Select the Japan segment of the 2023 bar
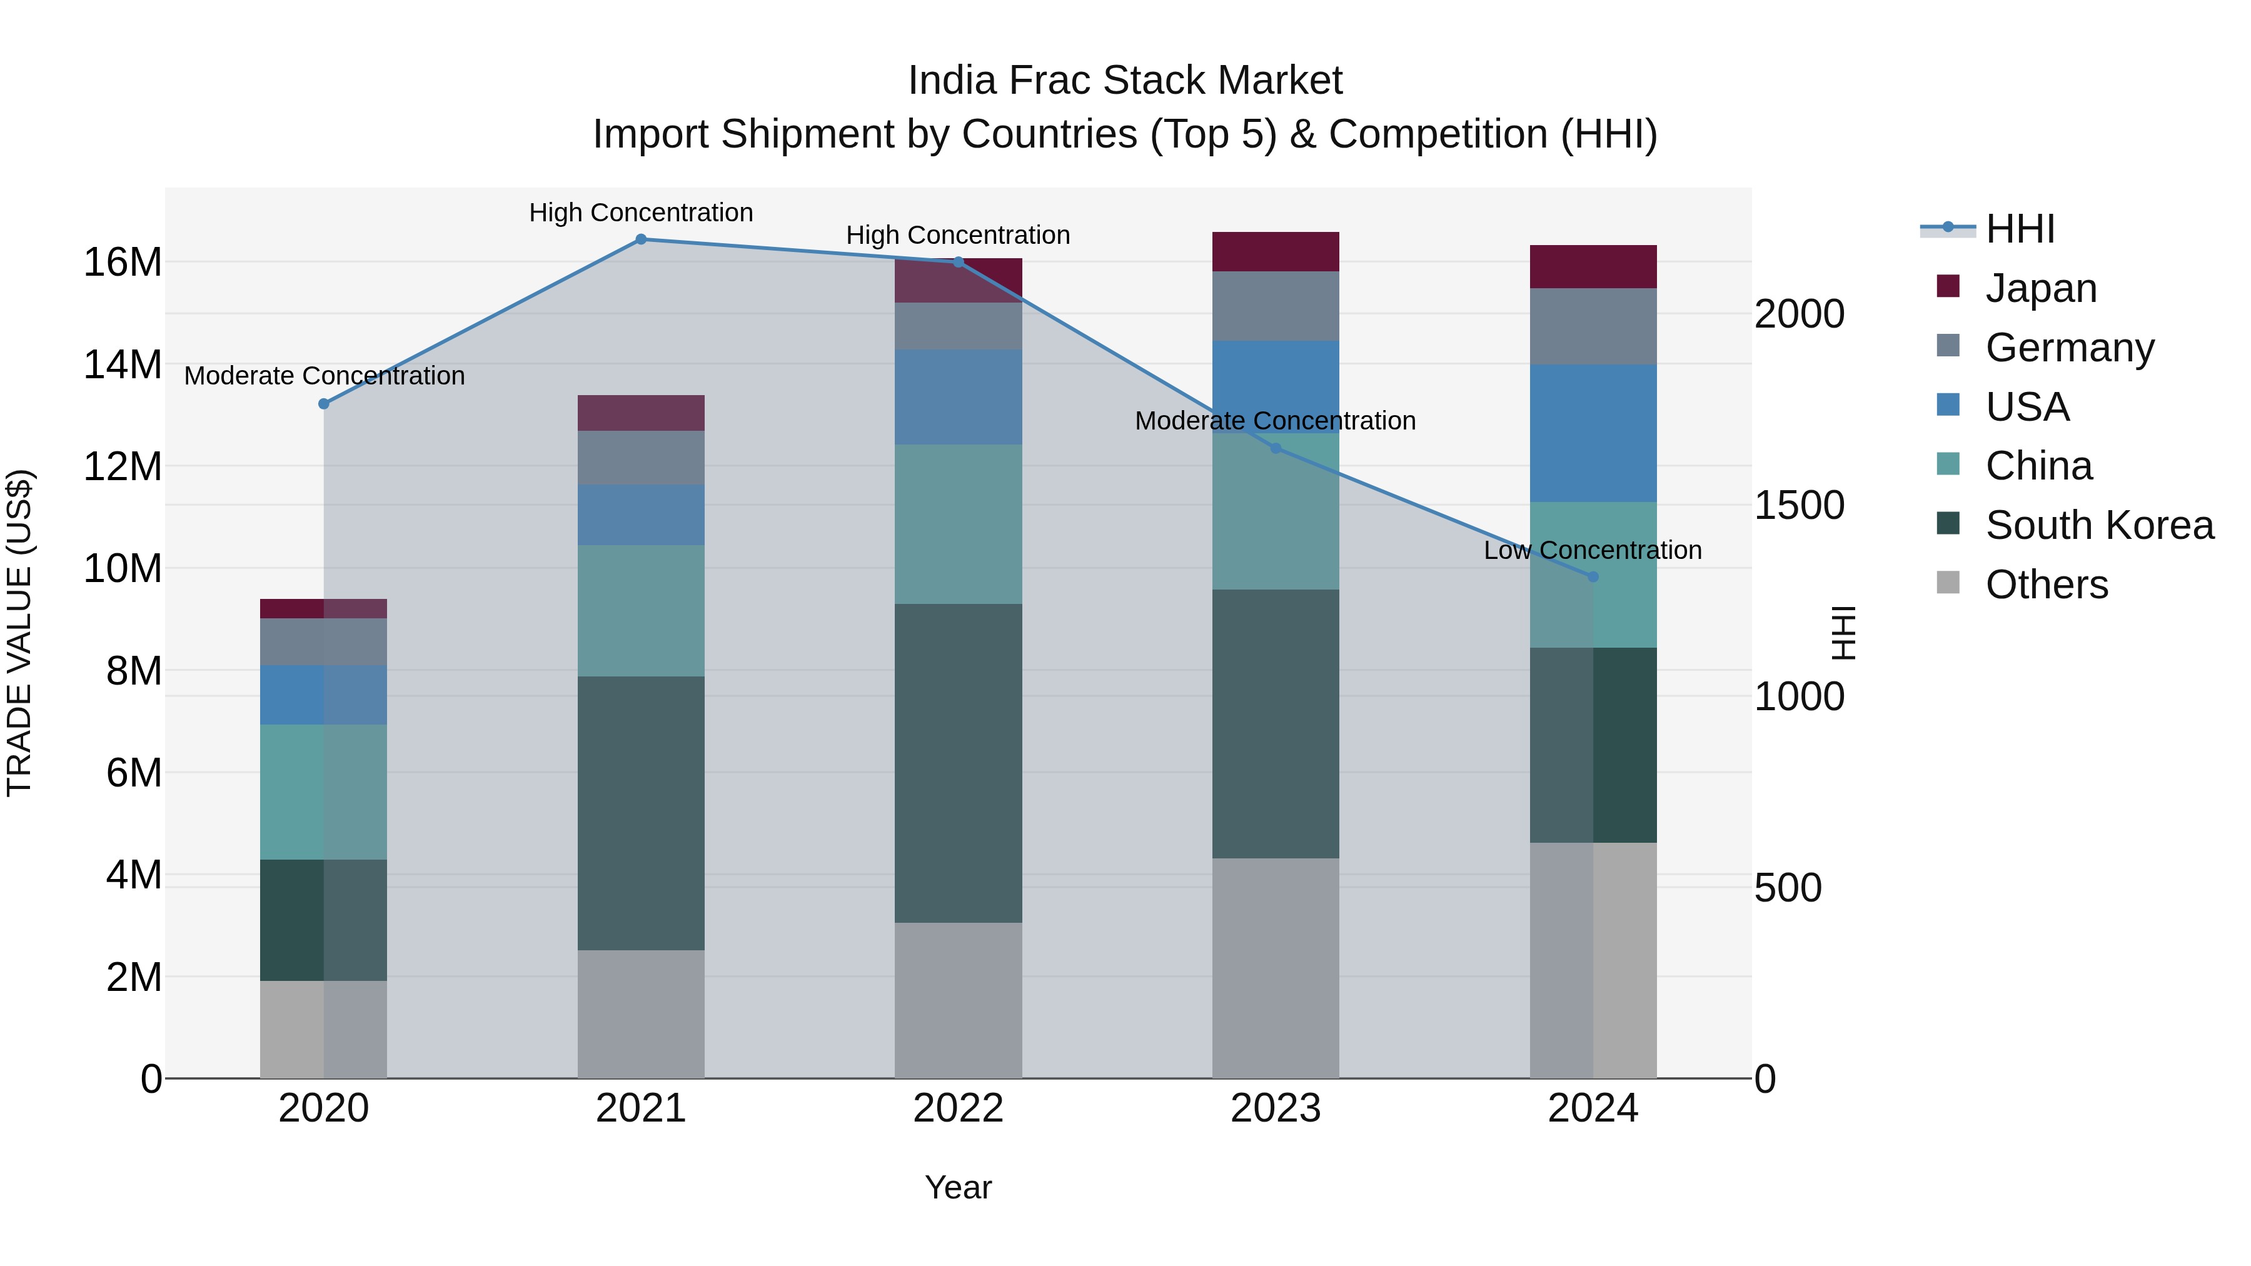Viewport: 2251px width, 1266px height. tap(1275, 251)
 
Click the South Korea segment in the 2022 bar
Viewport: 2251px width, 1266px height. tap(958, 763)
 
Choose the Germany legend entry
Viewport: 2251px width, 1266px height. tap(2069, 348)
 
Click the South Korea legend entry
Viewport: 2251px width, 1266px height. tap(2099, 525)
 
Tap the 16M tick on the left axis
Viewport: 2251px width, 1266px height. tap(123, 262)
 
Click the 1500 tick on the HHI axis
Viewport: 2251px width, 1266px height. tap(1799, 505)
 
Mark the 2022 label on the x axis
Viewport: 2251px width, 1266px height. tap(958, 1108)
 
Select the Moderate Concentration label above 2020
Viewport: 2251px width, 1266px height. tap(324, 376)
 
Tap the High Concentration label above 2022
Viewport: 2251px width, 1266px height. tap(958, 235)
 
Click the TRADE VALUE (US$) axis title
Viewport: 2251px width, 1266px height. tap(19, 633)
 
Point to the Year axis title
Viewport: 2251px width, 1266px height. tap(958, 1187)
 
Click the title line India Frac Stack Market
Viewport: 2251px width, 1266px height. tap(1125, 81)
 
